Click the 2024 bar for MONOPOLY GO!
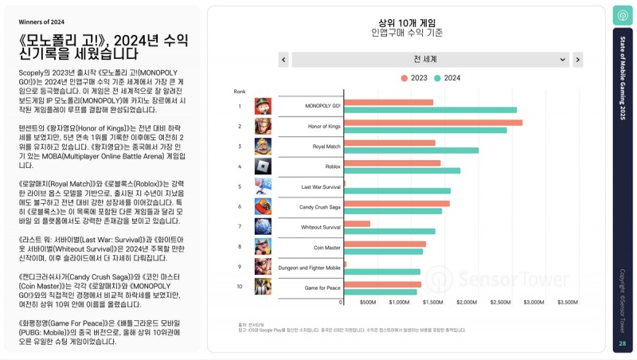coord(430,110)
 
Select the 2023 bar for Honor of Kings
coord(432,123)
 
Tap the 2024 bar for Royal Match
coord(411,150)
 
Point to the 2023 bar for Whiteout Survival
coord(357,224)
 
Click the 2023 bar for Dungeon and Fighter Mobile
coord(343,264)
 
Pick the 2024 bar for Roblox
coord(401,170)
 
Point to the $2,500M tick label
coord(501,303)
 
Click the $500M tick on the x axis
coord(367,303)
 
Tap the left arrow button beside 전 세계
coord(283,60)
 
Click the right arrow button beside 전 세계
coord(578,60)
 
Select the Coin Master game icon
coord(263,246)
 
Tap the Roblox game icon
coord(263,166)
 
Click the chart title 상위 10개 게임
coord(407,22)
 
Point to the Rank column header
coord(240,92)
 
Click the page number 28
coord(622,343)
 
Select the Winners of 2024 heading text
coord(42,22)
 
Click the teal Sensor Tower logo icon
coord(622,15)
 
